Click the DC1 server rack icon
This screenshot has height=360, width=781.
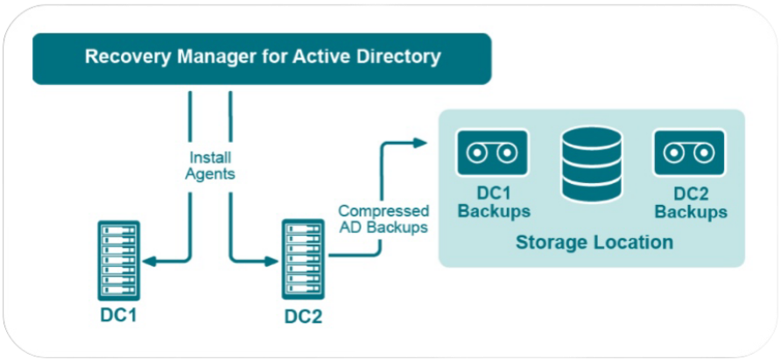pos(118,261)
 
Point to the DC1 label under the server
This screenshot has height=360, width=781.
pos(118,316)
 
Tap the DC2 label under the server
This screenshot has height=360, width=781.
pos(303,316)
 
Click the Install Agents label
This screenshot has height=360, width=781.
pos(209,166)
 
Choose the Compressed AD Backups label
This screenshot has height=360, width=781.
pos(383,218)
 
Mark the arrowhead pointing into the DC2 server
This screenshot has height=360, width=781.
pos(271,261)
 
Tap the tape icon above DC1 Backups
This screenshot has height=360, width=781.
pos(492,152)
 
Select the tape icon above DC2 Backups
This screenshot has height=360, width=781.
pos(689,152)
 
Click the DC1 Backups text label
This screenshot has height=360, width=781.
pos(494,202)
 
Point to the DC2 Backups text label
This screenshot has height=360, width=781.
pos(691,202)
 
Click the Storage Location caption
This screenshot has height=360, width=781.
pos(595,243)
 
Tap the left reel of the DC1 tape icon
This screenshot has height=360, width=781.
pos(477,152)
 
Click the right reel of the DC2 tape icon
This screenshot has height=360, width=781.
pos(704,152)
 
